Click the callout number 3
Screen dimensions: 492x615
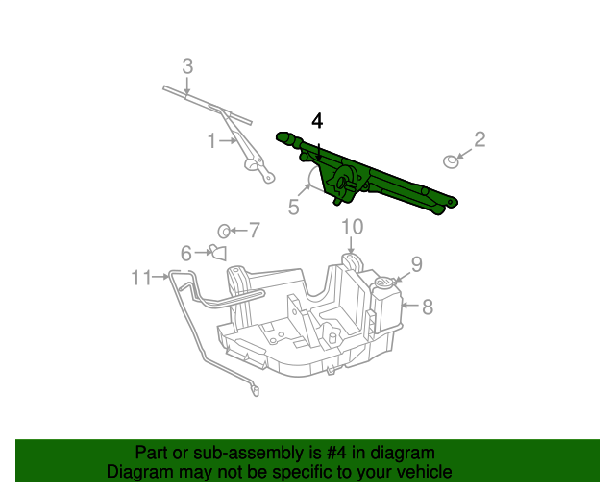tap(187, 66)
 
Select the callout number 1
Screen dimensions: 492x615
tap(211, 141)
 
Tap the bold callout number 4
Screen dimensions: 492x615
tap(318, 121)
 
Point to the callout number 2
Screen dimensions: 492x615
tap(480, 139)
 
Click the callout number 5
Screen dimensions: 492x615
tap(295, 205)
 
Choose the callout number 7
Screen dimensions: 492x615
tap(254, 230)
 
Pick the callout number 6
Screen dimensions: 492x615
tap(186, 253)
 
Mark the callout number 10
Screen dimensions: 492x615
tap(352, 227)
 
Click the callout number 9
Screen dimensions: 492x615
tap(416, 263)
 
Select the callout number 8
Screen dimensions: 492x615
tap(428, 307)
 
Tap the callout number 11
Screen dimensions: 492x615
tap(142, 278)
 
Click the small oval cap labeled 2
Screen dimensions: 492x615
tap(450, 160)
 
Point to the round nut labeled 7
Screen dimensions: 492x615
tap(223, 230)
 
